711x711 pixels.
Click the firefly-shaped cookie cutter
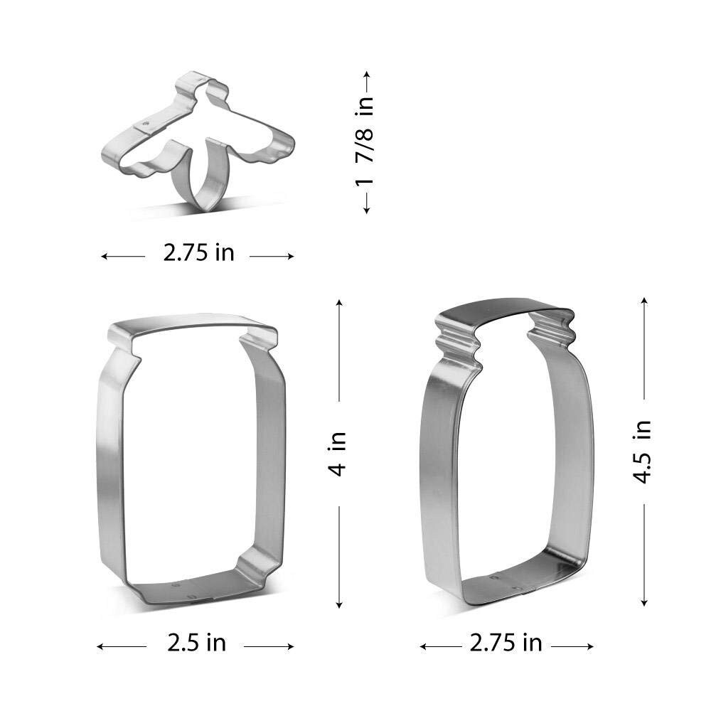click(136, 149)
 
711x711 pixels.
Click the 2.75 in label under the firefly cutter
click(198, 253)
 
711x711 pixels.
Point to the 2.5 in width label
click(196, 643)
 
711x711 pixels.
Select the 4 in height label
click(338, 454)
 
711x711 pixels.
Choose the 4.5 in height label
click(643, 452)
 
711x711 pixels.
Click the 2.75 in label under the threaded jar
click(506, 643)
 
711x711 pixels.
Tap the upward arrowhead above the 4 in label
click(338, 302)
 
